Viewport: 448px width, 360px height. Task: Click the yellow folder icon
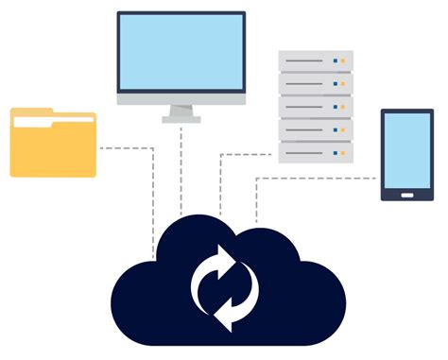point(53,146)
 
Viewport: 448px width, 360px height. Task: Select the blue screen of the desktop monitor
point(181,51)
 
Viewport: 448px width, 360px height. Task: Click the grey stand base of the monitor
point(181,119)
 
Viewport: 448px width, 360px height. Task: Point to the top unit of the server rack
point(315,60)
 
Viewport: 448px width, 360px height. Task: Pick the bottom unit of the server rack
point(315,152)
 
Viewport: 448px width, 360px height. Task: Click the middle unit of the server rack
point(315,106)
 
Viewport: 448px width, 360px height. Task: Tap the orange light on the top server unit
point(343,60)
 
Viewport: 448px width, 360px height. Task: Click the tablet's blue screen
point(406,151)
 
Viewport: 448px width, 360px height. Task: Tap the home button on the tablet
point(406,196)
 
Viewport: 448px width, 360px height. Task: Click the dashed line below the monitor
point(181,170)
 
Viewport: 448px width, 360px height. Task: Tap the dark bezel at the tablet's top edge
point(406,112)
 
